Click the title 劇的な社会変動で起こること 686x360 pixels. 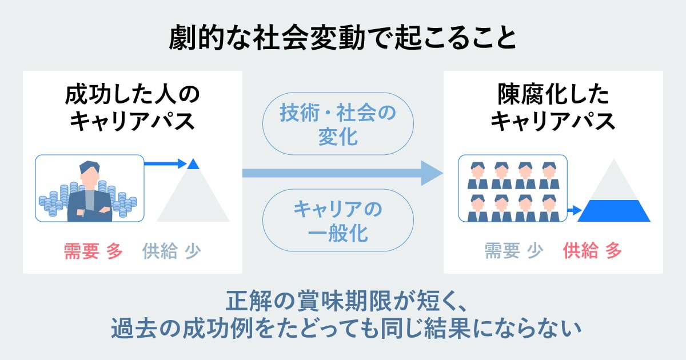tap(342, 38)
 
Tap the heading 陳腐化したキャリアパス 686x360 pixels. tap(553, 107)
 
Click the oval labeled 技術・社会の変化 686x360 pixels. tap(337, 123)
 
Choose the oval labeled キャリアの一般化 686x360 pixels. tap(337, 221)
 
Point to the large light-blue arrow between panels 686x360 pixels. tap(343, 173)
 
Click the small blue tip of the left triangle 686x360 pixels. tap(193, 165)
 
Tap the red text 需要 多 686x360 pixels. tap(93, 251)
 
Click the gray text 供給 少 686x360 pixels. tap(171, 251)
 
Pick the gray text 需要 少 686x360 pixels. tap(513, 251)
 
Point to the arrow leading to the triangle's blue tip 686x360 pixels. tap(166, 164)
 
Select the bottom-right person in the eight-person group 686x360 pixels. tap(548, 208)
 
